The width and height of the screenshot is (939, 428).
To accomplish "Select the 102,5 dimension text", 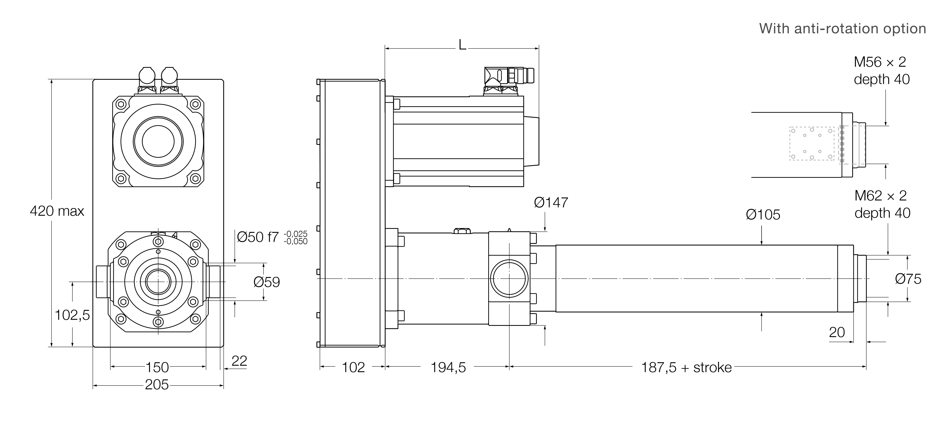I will click(x=72, y=315).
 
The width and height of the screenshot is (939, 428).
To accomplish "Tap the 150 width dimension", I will click(x=157, y=367).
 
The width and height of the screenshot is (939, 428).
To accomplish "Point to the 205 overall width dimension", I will click(x=157, y=385).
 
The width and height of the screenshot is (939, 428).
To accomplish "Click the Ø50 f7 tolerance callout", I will click(x=272, y=237).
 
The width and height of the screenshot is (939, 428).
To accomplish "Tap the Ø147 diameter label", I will click(x=551, y=203).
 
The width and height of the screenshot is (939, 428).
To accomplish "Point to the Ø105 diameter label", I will click(x=763, y=215).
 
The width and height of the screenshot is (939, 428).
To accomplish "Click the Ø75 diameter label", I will click(x=908, y=279).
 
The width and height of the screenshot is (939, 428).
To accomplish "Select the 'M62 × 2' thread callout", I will click(x=881, y=196).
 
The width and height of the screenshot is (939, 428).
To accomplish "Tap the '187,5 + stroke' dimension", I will click(x=686, y=367).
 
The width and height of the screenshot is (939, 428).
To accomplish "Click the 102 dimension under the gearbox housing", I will click(x=353, y=367).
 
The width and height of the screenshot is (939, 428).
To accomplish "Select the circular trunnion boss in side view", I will click(x=509, y=279).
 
